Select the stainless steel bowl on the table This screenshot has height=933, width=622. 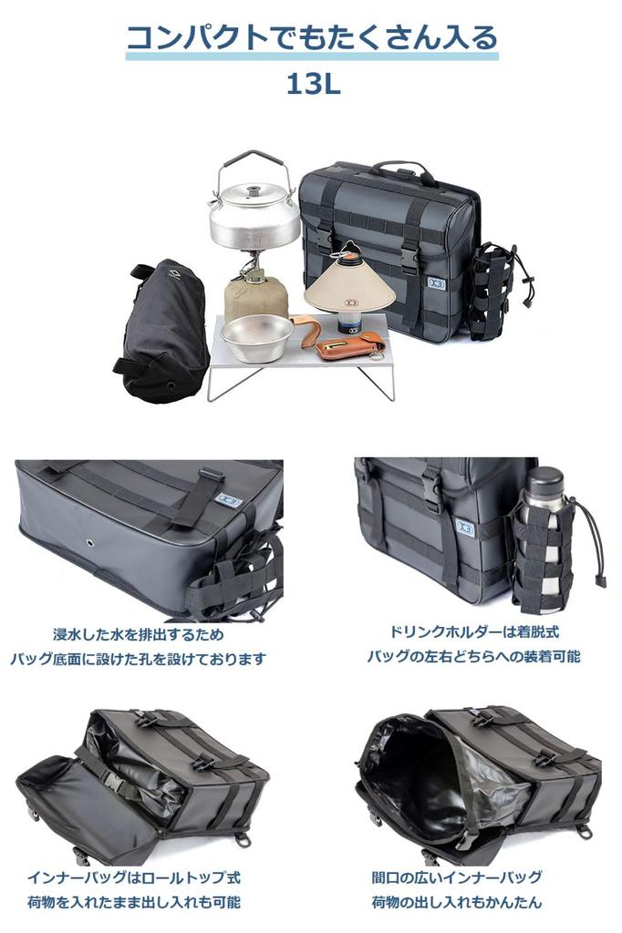click(x=256, y=336)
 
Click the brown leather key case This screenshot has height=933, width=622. click(x=348, y=344)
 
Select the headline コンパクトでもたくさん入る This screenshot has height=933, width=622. click(x=312, y=37)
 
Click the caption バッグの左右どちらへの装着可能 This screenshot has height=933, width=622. click(x=473, y=656)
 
